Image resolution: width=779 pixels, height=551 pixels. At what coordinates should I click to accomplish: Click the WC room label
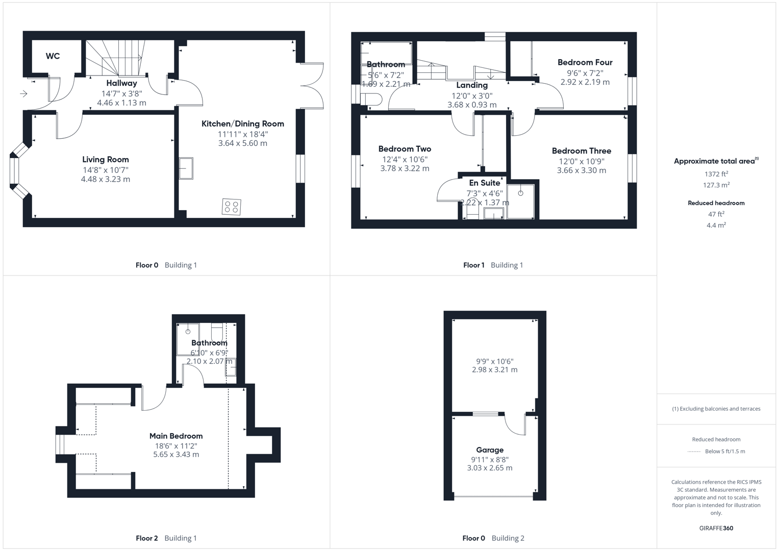(x=53, y=56)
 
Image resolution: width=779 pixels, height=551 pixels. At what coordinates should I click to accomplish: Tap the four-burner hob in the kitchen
(x=231, y=207)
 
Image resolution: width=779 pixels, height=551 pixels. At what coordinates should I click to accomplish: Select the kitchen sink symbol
(x=186, y=168)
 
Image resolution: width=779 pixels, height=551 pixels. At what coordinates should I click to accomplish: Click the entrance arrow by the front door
(x=23, y=93)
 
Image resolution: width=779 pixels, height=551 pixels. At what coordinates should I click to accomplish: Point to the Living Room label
(x=106, y=160)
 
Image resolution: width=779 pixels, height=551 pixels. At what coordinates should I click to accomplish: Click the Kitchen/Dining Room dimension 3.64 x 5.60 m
(x=242, y=143)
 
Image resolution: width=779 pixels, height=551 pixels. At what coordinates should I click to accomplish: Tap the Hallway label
(x=121, y=83)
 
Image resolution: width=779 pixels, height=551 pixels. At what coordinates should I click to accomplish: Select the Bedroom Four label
(x=585, y=62)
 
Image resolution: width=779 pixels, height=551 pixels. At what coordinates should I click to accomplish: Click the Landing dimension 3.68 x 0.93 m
(x=472, y=105)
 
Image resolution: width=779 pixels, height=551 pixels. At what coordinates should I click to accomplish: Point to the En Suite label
(x=484, y=183)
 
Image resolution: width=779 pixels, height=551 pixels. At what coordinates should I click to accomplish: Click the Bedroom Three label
(x=581, y=151)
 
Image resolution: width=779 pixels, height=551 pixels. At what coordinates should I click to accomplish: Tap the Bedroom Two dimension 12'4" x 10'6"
(x=405, y=159)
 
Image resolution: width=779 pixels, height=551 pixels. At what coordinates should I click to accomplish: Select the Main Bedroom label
(x=176, y=436)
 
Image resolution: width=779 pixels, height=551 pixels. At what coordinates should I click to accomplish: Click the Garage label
(x=490, y=450)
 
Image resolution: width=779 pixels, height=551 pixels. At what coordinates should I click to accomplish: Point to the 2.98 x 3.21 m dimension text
(x=494, y=370)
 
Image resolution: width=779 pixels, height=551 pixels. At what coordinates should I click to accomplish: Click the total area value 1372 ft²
(x=716, y=174)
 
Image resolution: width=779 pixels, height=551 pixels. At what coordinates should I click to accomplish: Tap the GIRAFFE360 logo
(x=716, y=528)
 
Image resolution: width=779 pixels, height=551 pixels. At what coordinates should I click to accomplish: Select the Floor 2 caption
(x=147, y=538)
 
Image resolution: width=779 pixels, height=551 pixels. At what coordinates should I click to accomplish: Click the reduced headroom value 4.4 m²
(x=716, y=225)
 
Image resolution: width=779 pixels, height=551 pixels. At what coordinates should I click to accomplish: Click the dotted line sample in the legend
(x=694, y=452)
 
